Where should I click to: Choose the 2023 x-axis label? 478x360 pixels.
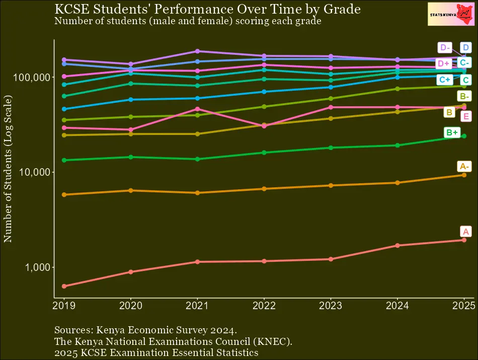point(331,305)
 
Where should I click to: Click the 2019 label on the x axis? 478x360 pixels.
point(64,305)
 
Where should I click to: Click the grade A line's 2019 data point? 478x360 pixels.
point(64,286)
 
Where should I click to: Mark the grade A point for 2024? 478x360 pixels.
point(397,245)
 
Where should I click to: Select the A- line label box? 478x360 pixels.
point(464,166)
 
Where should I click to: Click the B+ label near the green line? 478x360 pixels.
point(452,132)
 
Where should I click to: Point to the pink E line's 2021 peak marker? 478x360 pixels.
point(197,109)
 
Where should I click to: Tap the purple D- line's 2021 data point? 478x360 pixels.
point(197,51)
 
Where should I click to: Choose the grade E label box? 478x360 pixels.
point(466,116)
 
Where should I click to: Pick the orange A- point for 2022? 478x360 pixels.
point(264,189)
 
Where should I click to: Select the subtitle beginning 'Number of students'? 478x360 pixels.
point(187,21)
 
